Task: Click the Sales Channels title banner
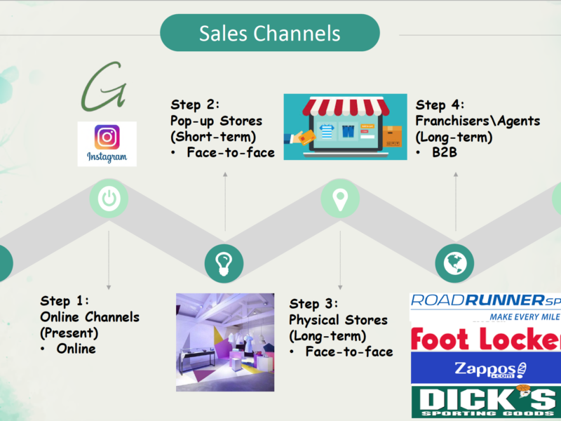coord(270,32)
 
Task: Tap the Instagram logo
coord(107,144)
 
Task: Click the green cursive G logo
coord(104,87)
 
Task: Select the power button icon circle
coord(109,199)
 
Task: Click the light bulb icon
coord(224,264)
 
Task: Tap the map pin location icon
coord(340,199)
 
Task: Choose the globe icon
coord(454,264)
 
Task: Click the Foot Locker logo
coord(486,338)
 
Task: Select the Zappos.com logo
coord(485,369)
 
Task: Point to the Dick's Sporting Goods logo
coord(486,401)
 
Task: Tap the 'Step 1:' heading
coord(65,301)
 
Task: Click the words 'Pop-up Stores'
coord(216,121)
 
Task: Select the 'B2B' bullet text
coord(445,152)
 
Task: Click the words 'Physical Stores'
coord(338,320)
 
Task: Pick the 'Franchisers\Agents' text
coord(478,121)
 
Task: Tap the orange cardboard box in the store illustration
coord(392,137)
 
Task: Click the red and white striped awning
coord(346,107)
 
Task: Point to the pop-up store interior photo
coord(225,342)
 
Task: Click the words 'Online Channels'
coord(90,317)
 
